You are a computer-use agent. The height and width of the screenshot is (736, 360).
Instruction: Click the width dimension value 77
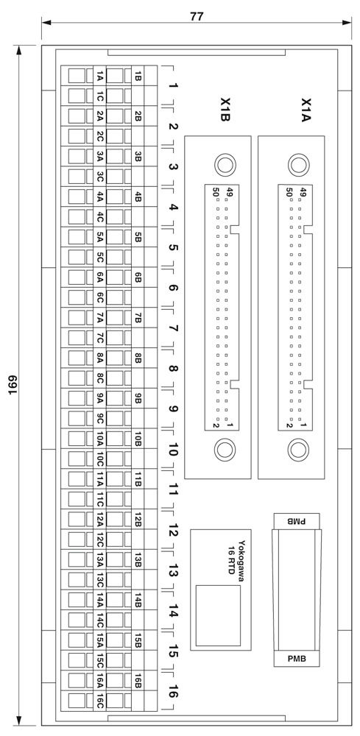pyautogui.click(x=197, y=15)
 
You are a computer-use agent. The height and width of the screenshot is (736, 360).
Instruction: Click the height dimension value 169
pyautogui.click(x=13, y=384)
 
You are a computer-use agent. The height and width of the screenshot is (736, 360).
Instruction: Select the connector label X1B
pyautogui.click(x=225, y=110)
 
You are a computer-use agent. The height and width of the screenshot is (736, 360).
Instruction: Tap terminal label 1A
pyautogui.click(x=99, y=76)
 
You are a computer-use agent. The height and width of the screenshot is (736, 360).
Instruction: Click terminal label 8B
pyautogui.click(x=138, y=358)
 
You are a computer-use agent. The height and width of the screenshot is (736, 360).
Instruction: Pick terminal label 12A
pyautogui.click(x=99, y=520)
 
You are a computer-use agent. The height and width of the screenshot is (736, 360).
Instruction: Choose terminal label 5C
pyautogui.click(x=99, y=257)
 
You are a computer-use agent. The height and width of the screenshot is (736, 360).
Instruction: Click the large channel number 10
pyautogui.click(x=173, y=449)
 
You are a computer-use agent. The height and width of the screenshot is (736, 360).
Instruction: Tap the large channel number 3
pyautogui.click(x=173, y=167)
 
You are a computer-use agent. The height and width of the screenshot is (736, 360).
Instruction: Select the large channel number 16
pyautogui.click(x=173, y=691)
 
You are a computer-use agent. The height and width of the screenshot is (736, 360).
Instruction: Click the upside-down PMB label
pyautogui.click(x=297, y=521)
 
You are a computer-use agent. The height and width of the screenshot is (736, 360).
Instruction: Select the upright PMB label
pyautogui.click(x=297, y=659)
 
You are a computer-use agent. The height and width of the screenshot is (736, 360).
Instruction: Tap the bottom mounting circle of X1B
pyautogui.click(x=225, y=450)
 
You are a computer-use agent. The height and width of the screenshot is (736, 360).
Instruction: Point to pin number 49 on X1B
pyautogui.click(x=230, y=192)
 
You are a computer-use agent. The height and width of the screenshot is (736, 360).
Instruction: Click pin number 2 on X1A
pyautogui.click(x=291, y=425)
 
